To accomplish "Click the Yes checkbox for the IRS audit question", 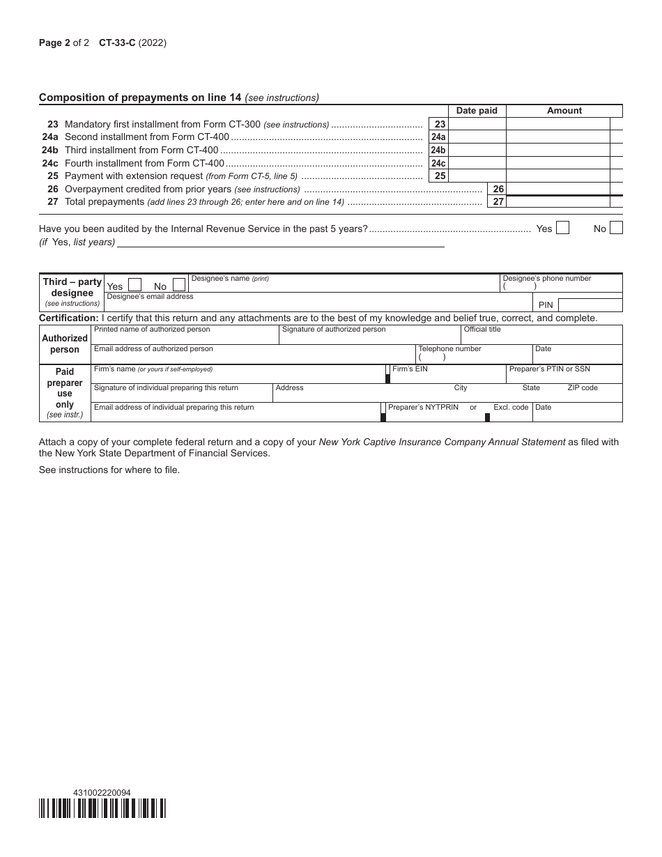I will point(562,228).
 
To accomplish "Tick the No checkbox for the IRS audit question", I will point(616,228).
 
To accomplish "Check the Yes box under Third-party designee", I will point(134,285).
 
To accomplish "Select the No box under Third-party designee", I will point(179,285).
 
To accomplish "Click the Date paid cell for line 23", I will point(477,124).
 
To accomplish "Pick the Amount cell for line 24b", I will point(557,150).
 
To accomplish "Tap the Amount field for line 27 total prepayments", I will point(557,202).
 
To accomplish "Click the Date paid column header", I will point(477,111).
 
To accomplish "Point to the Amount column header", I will point(564,111).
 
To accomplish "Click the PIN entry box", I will point(590,305).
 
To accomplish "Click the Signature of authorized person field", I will point(369,337).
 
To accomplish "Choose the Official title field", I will point(541,337).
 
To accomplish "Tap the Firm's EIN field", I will point(447,376).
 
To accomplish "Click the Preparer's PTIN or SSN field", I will point(564,376).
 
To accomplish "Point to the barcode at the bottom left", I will point(102,808).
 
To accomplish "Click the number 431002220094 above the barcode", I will point(102,793).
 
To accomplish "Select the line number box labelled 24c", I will point(438,163).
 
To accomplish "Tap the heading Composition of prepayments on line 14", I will point(178,98).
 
